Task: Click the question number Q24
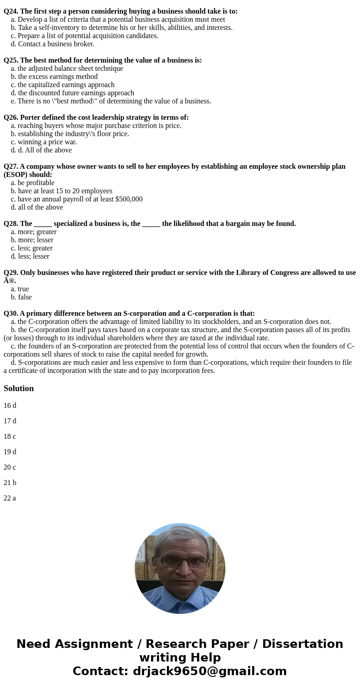click(11, 11)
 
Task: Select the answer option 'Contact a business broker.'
click(56, 44)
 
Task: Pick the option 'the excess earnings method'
click(58, 77)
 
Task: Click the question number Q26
click(11, 118)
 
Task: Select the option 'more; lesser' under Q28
click(35, 240)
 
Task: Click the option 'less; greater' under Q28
click(35, 248)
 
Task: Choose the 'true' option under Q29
click(23, 289)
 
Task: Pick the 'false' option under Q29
click(24, 297)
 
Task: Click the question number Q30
click(11, 314)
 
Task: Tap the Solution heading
click(19, 388)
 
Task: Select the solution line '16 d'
click(10, 406)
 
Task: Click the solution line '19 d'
click(10, 452)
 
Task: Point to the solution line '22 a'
click(10, 498)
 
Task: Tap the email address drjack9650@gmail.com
click(209, 671)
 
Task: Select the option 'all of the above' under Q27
click(40, 207)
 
